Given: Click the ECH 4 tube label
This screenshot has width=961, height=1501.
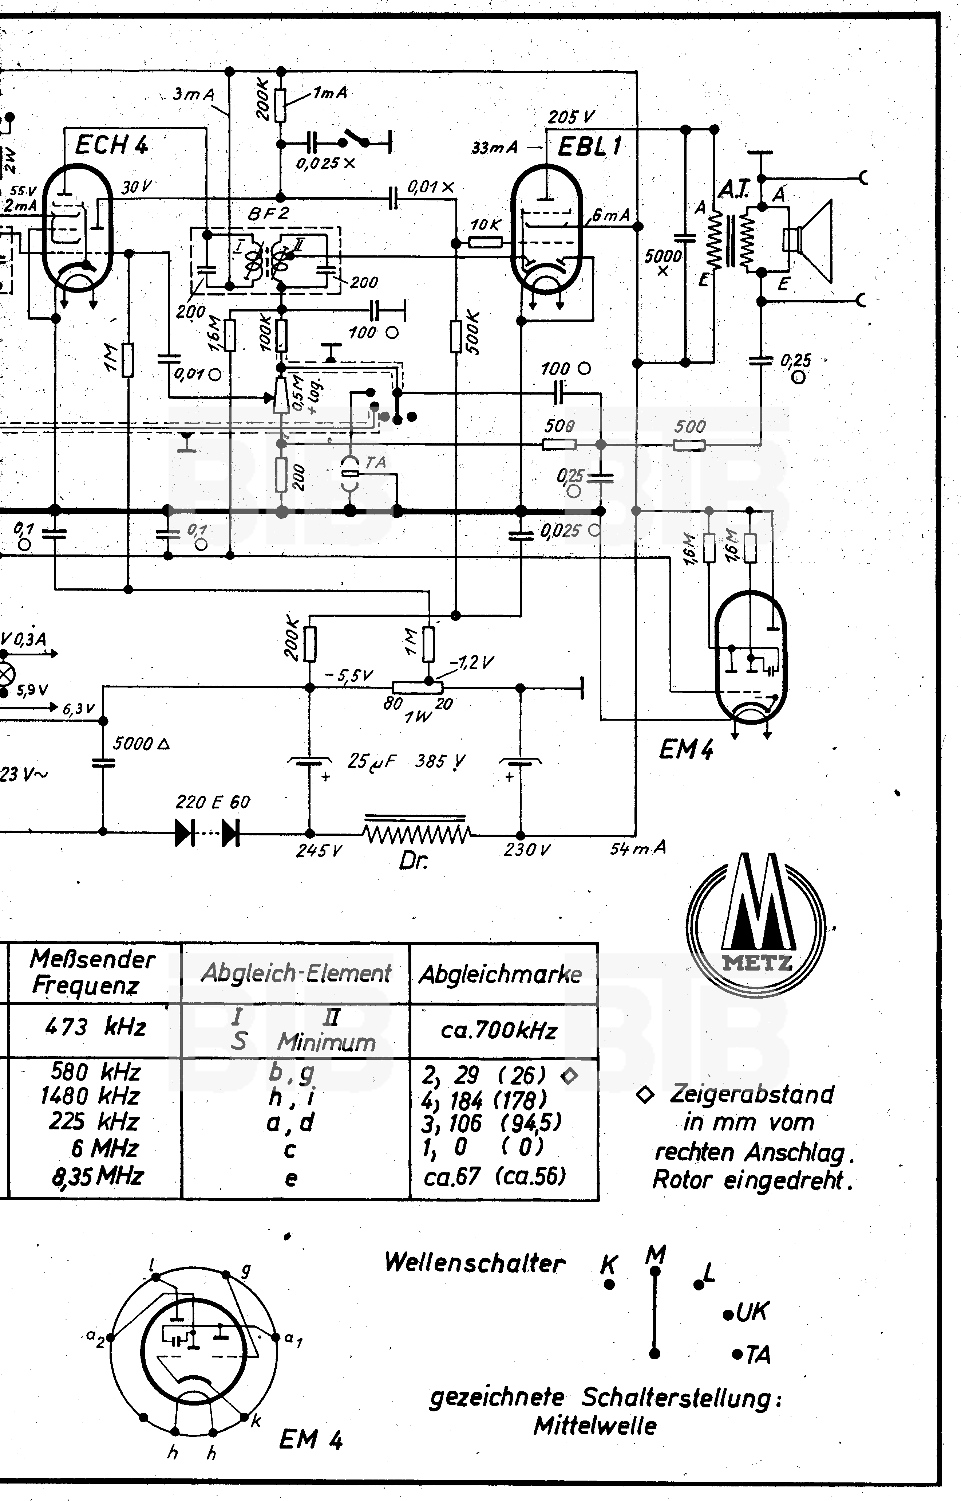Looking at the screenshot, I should pyautogui.click(x=111, y=145).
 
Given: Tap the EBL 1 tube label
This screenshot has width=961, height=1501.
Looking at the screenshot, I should pyautogui.click(x=590, y=147).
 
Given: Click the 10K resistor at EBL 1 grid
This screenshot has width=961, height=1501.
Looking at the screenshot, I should pyautogui.click(x=486, y=241).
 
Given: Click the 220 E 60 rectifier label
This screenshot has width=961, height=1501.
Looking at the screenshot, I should pyautogui.click(x=212, y=802).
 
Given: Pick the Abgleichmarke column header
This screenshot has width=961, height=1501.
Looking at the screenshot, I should pyautogui.click(x=501, y=974).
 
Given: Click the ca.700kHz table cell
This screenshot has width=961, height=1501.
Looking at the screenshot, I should pyautogui.click(x=499, y=1030).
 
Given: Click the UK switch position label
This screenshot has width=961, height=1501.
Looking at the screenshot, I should pyautogui.click(x=752, y=1312).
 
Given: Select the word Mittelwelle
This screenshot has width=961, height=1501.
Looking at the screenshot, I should pyautogui.click(x=595, y=1426).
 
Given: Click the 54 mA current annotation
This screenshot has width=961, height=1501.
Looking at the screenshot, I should pyautogui.click(x=638, y=848).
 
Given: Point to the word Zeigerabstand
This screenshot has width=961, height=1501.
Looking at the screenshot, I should pyautogui.click(x=752, y=1094).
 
